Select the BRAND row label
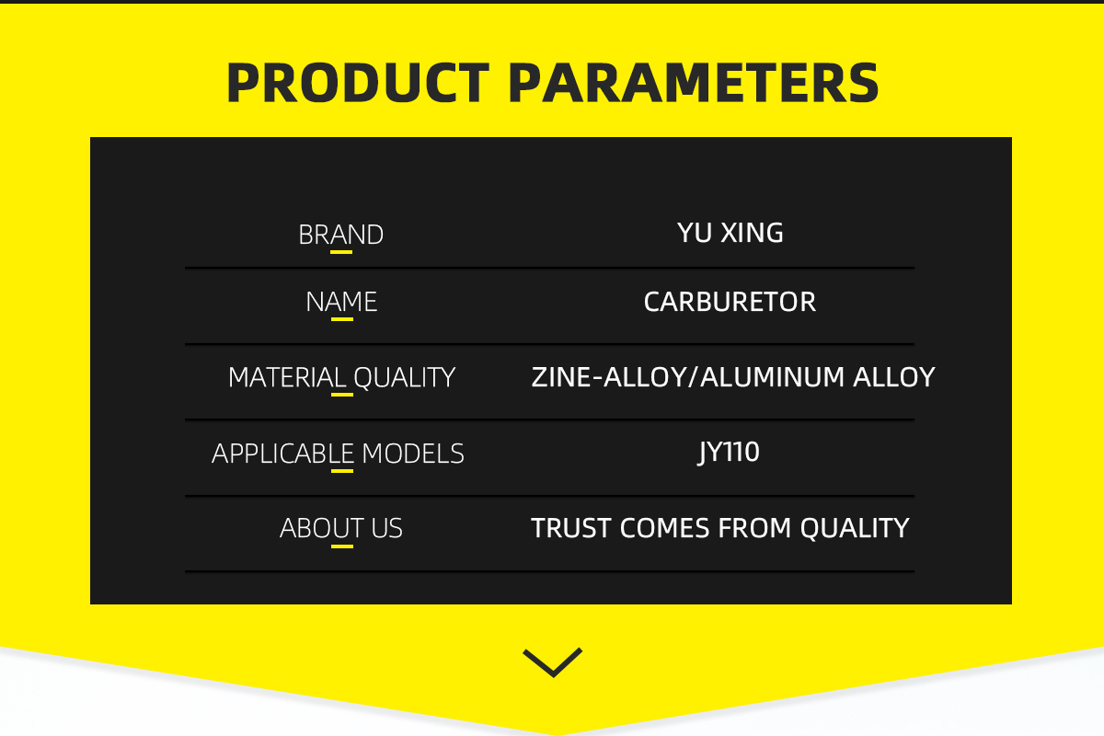340,235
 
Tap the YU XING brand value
730,233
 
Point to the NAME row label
341,302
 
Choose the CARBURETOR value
730,302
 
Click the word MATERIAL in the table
287,377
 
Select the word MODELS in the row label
413,453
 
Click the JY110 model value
729,452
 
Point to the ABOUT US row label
340,528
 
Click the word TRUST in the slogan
571,528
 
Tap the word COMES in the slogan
664,528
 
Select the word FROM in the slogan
754,528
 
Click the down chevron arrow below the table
553,663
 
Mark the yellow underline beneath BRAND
341,252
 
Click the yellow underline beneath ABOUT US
342,546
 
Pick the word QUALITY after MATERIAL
404,377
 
